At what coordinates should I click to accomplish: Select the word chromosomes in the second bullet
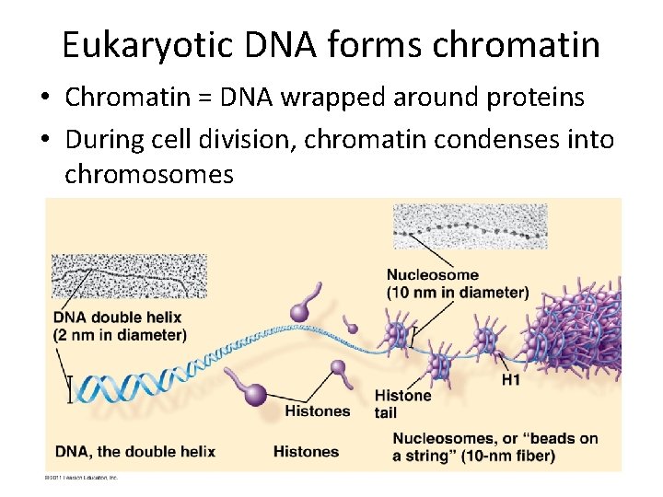149,173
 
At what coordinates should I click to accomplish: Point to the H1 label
511,378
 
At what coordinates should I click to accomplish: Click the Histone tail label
403,403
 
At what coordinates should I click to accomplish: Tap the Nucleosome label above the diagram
432,275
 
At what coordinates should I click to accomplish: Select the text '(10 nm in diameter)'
458,293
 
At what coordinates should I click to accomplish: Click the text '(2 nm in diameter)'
120,335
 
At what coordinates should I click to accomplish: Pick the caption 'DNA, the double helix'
134,451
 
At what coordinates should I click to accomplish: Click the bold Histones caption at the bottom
306,451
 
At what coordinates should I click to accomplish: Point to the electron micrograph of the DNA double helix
129,275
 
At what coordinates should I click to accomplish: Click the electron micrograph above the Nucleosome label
470,226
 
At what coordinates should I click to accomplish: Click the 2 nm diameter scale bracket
68,388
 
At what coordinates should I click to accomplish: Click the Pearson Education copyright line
82,478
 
